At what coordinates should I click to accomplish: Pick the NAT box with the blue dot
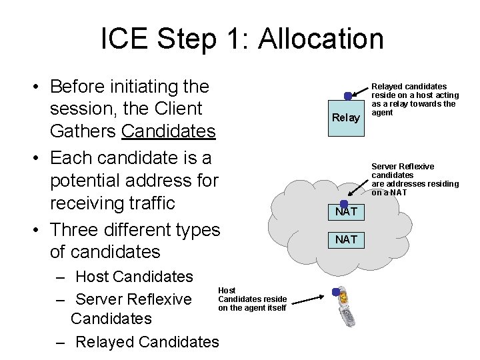(346, 212)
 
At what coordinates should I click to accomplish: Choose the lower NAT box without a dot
(346, 239)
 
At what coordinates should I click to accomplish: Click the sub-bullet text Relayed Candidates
(147, 341)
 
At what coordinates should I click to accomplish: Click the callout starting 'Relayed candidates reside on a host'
(413, 99)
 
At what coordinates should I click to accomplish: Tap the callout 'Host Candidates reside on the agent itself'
(252, 299)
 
